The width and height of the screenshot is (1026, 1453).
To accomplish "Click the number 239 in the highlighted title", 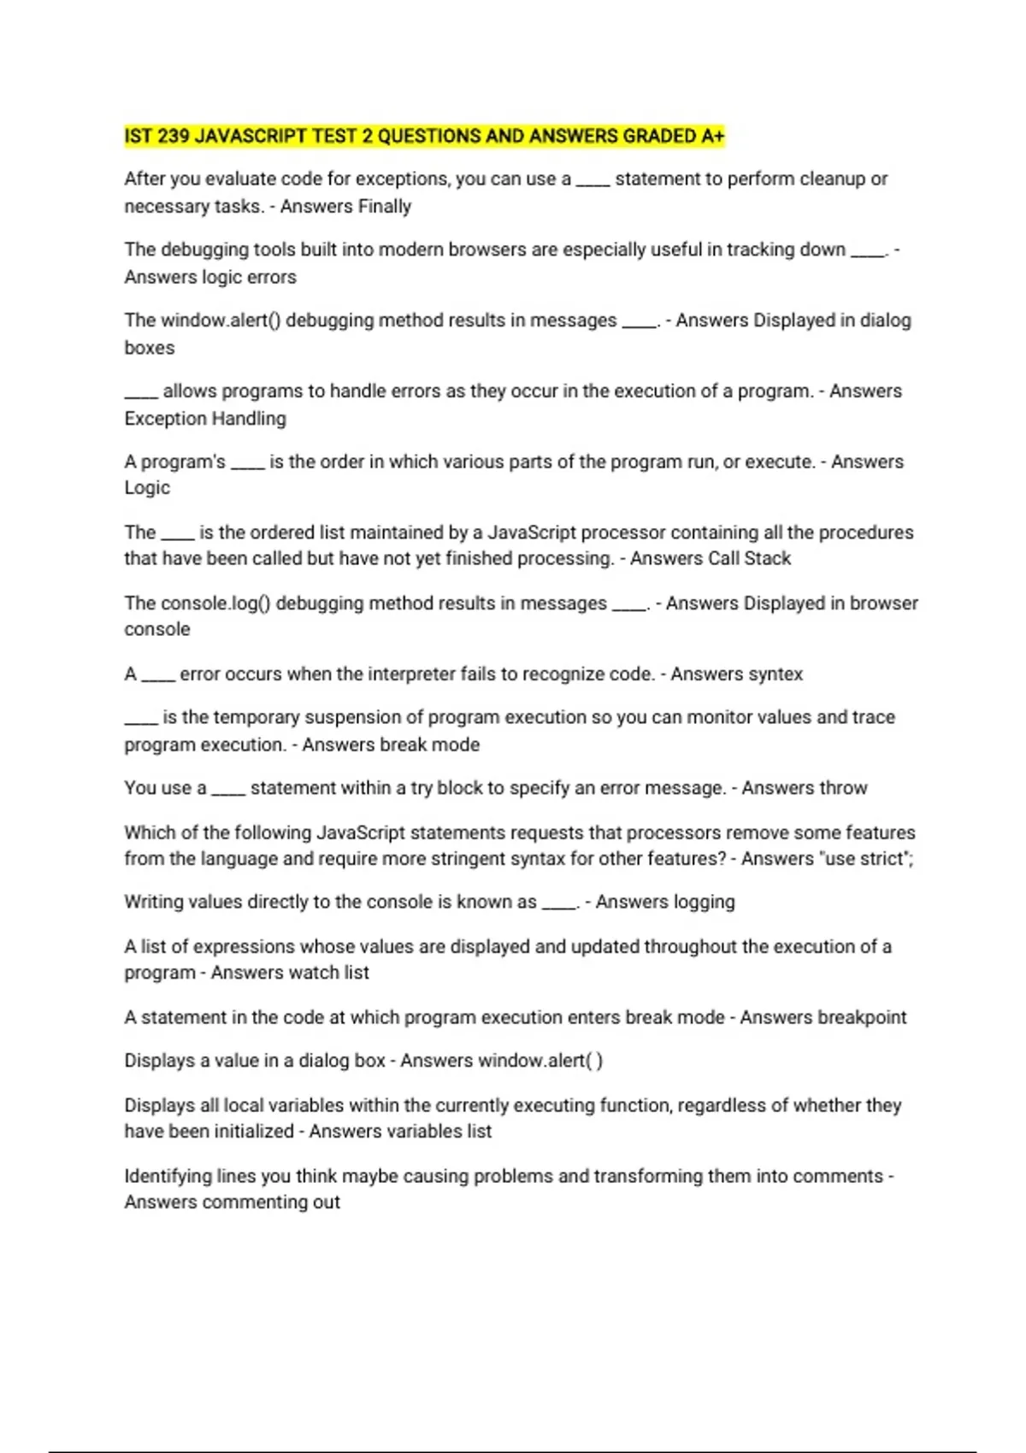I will click(174, 137).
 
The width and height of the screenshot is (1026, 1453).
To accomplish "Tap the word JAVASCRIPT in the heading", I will click(251, 137).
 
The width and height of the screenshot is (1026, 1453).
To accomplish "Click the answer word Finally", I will click(385, 207).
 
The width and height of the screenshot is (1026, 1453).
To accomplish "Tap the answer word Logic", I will click(147, 488).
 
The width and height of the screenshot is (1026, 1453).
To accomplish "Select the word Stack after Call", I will click(768, 559).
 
